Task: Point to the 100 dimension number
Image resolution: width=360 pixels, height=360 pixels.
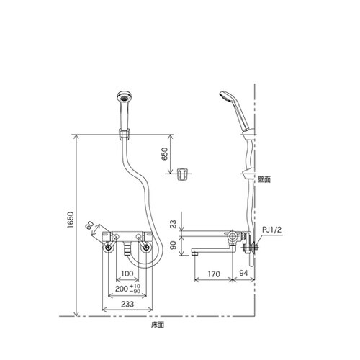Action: point(127,274)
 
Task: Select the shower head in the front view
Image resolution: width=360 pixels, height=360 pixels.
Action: point(123,101)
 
